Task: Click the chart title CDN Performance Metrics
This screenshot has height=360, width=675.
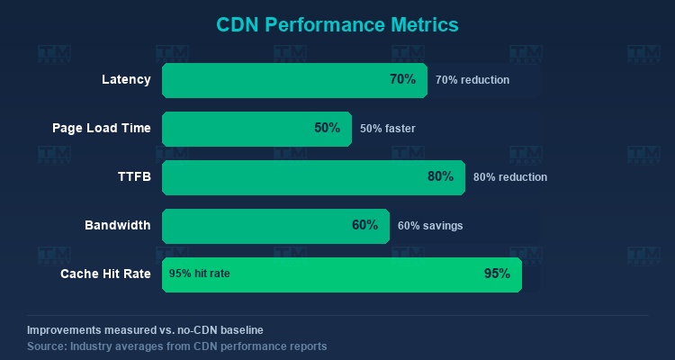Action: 337,23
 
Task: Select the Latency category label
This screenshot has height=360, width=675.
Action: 126,80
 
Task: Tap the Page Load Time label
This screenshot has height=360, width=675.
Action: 102,129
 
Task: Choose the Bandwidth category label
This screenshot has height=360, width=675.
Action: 118,225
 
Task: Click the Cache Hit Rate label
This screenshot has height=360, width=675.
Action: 105,274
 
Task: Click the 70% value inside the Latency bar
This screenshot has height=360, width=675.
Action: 402,79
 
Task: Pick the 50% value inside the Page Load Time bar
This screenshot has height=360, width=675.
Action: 327,128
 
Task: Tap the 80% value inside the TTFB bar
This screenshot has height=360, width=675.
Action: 440,176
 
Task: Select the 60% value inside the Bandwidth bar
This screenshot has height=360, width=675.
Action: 364,225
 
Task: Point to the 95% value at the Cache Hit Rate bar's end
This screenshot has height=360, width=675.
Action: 497,274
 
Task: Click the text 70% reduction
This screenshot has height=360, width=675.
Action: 472,80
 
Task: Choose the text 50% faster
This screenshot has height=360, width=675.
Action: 388,129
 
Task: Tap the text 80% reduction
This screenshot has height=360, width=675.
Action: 510,177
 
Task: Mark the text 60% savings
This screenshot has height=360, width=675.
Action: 430,225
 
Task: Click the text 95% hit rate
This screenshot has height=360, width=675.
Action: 200,274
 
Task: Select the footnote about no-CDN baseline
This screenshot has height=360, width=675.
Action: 145,330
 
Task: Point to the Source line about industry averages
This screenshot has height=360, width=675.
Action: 176,346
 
